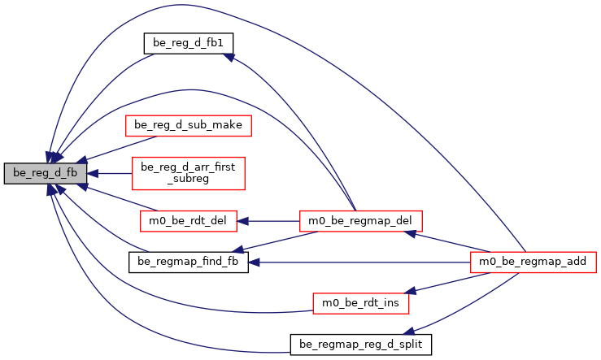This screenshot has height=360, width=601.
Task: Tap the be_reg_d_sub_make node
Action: point(187,126)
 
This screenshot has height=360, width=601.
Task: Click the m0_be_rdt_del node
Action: point(187,220)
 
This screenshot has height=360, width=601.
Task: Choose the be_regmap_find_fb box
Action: point(187,262)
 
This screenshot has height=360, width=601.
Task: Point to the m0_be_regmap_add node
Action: point(533,262)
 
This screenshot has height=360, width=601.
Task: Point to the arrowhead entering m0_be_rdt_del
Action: point(242,220)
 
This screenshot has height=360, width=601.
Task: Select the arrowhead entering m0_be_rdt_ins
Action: point(412,291)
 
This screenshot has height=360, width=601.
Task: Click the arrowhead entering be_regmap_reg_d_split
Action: point(410,331)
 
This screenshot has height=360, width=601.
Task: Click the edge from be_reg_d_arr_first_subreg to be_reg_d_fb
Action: point(114,173)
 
